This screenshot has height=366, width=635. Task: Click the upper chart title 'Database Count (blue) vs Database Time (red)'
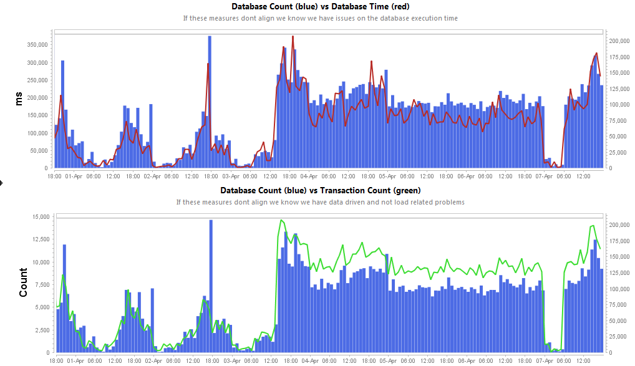point(320,7)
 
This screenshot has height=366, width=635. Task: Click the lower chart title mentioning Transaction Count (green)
point(320,190)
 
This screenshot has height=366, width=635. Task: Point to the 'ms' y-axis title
point(19,98)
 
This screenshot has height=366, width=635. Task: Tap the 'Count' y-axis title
point(23,282)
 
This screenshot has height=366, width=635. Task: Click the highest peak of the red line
point(293,36)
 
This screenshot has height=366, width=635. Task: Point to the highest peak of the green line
point(281,220)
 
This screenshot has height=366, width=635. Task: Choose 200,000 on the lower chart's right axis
point(621,224)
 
